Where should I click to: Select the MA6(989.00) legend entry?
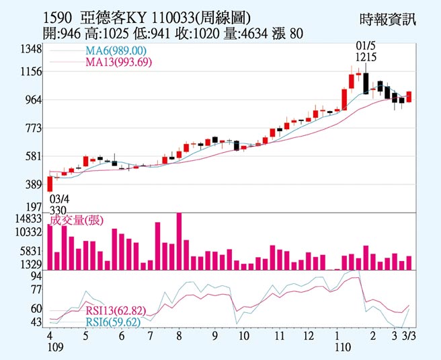[115, 51]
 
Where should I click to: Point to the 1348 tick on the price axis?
[31, 50]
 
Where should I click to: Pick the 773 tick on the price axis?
[34, 128]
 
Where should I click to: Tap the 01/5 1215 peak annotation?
[365, 51]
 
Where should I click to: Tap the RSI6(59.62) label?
[112, 322]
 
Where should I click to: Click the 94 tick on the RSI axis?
[36, 276]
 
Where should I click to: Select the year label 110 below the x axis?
[344, 347]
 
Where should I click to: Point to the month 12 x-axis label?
[309, 335]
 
